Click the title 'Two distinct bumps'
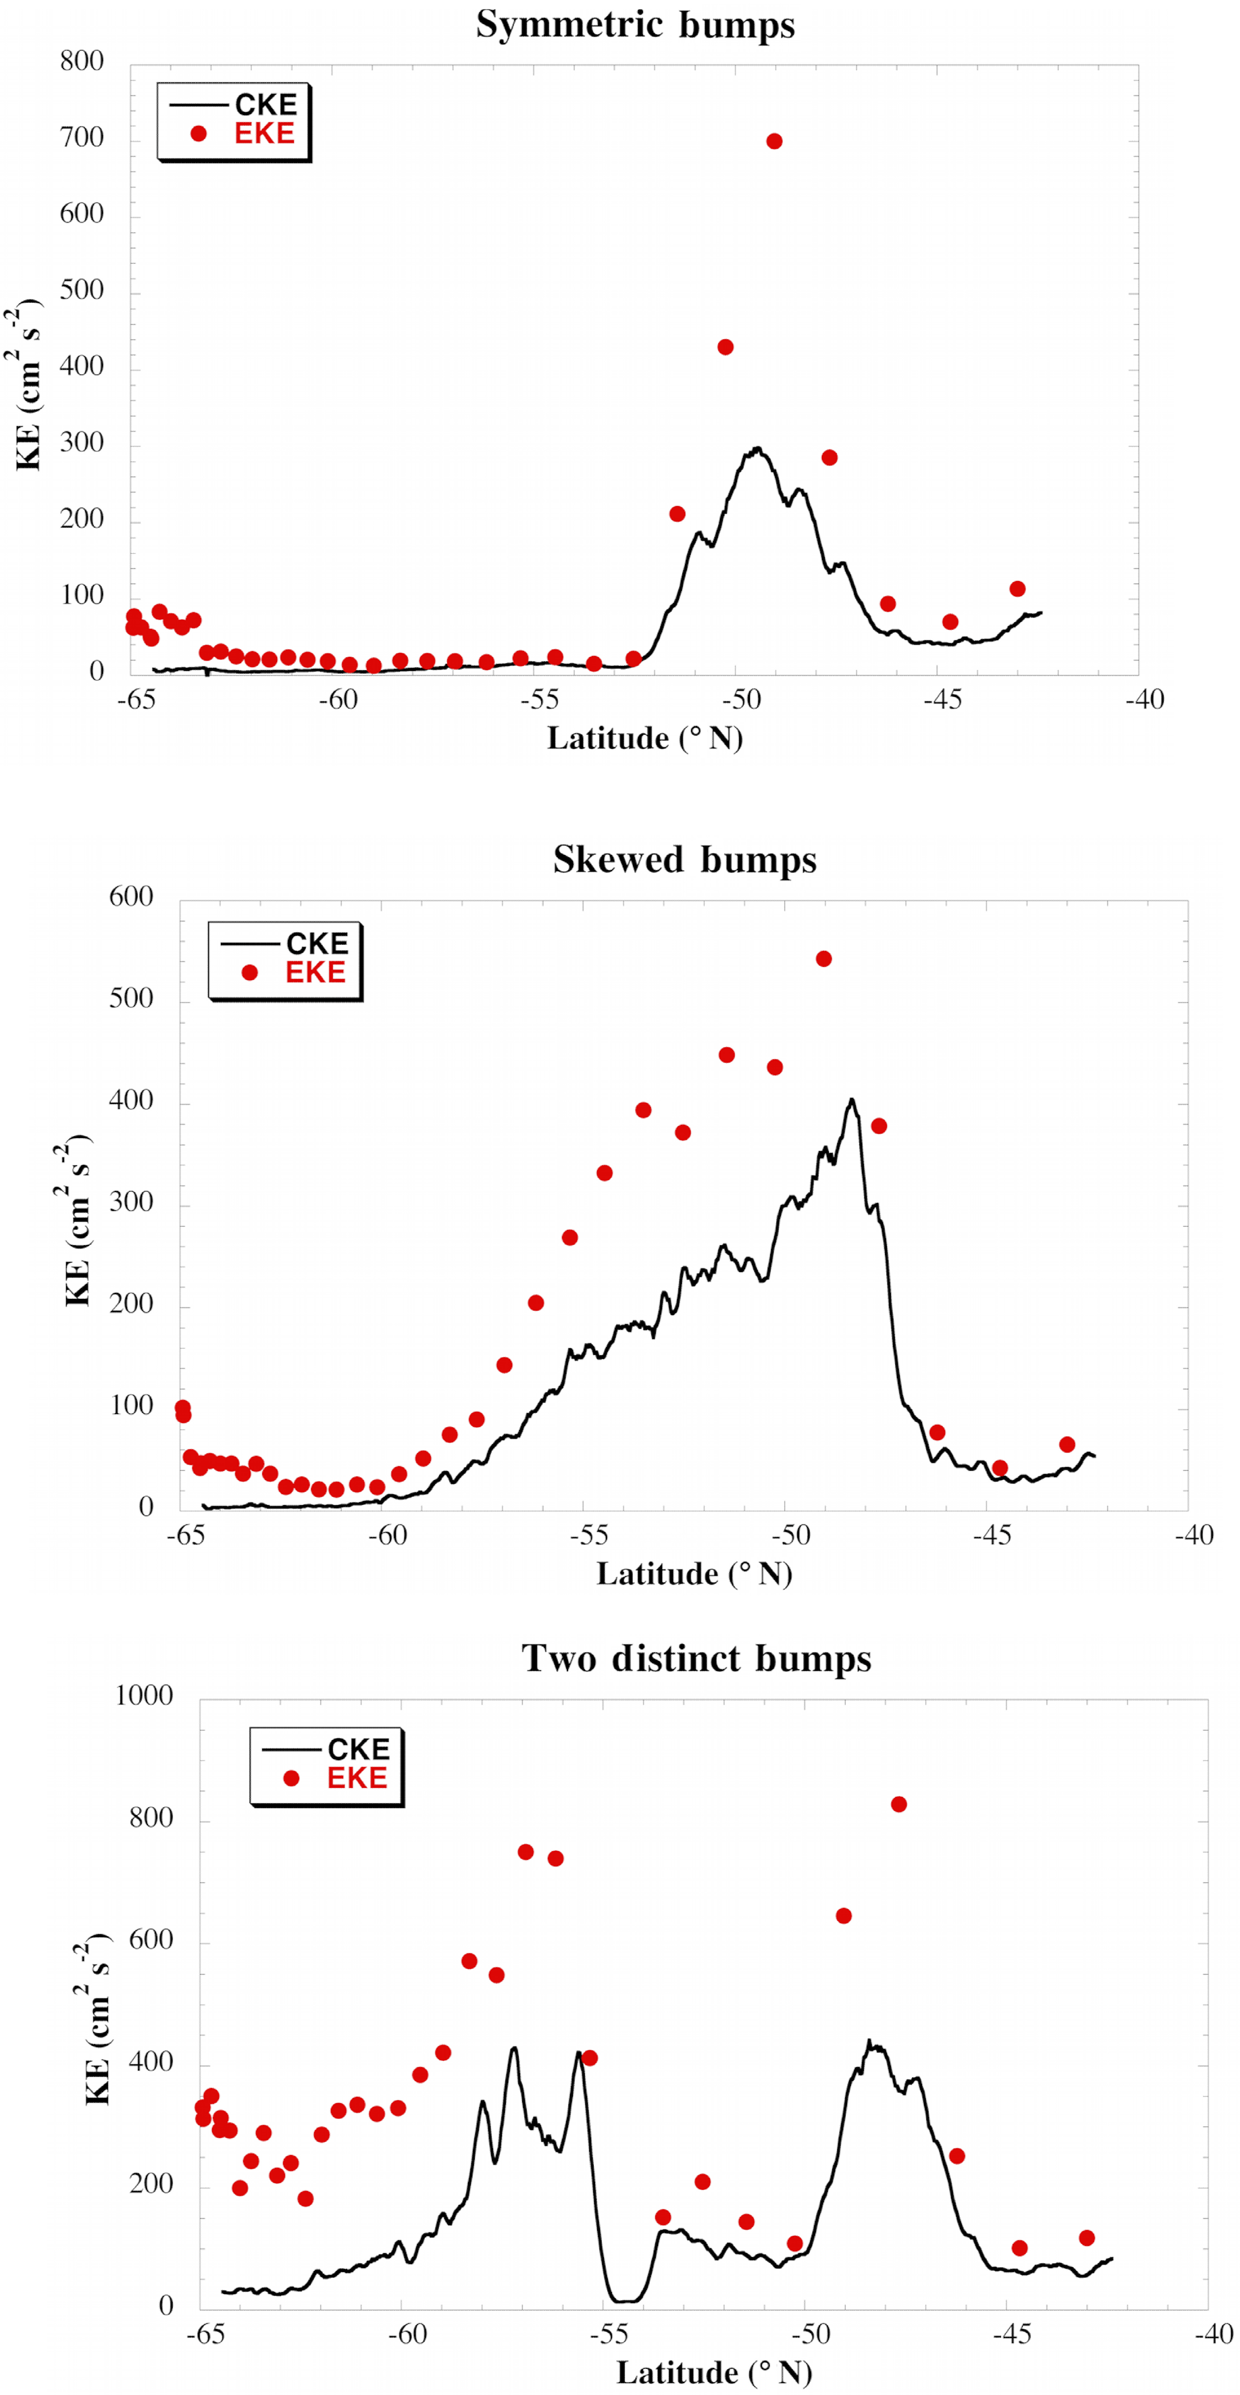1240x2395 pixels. pos(696,1659)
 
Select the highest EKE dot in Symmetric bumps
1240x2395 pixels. pos(774,142)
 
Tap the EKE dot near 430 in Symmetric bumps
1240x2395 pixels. pos(725,347)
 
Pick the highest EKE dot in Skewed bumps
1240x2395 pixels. pos(824,959)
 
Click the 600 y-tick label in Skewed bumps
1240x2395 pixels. pos(131,897)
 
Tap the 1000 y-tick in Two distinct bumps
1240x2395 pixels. pos(144,1696)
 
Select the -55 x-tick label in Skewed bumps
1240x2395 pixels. pos(589,1535)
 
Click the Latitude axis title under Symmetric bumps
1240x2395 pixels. pos(644,738)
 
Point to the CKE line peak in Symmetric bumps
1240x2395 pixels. pos(758,449)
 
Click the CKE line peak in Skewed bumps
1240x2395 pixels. pos(851,1100)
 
